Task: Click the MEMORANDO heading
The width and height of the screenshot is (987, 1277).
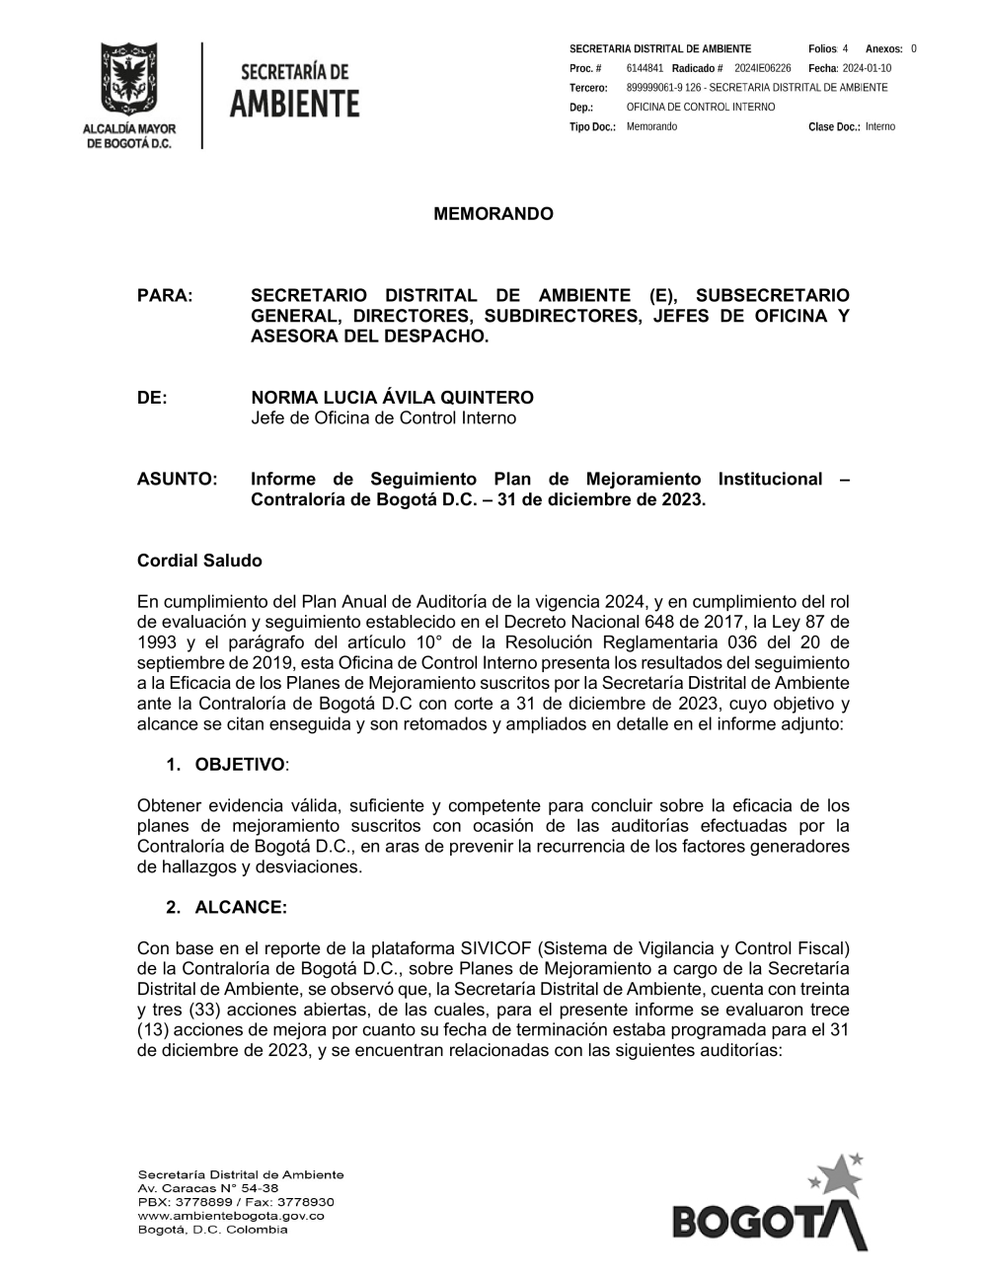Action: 493,214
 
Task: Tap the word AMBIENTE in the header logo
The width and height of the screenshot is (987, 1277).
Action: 294,103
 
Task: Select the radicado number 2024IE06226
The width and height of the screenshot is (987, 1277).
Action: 763,68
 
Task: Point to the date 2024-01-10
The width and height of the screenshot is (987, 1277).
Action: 867,68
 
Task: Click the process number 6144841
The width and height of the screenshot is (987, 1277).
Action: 645,68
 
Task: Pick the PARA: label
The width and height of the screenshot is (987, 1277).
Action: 165,296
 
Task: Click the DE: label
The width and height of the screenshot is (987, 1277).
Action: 152,398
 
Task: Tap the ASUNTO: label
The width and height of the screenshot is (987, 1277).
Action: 177,480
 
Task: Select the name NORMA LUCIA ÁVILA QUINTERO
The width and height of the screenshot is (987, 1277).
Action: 392,398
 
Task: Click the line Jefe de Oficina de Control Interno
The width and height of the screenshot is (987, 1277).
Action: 383,418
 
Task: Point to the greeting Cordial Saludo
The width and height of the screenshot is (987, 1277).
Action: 199,561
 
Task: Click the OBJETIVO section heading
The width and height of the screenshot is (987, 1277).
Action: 240,765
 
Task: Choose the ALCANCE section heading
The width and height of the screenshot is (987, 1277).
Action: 241,907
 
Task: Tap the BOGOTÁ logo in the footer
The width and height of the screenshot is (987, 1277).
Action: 770,1209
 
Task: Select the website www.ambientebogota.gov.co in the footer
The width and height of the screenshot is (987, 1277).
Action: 231,1216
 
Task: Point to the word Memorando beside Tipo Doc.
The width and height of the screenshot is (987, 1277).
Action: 651,127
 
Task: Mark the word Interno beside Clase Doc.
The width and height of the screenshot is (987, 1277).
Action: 880,127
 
